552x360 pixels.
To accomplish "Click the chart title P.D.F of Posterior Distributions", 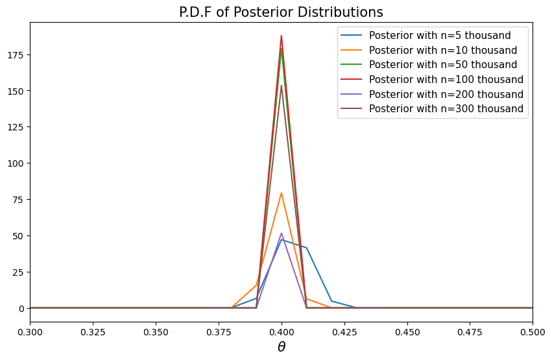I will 281,12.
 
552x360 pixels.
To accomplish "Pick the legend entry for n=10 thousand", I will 442,50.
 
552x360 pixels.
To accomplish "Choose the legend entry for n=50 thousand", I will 442,65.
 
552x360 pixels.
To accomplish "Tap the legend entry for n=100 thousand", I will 446,79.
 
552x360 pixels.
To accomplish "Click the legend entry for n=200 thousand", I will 446,94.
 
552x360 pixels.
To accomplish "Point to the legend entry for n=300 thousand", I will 446,109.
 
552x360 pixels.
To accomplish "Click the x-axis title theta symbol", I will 282,347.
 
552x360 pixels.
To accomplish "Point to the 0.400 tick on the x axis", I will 282,330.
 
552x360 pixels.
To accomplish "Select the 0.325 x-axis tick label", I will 93,330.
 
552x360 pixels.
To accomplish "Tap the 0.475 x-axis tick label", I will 470,330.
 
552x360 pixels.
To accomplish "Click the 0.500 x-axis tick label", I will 532,330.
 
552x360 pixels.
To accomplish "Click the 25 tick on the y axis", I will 20,272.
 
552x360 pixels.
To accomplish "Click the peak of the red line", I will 282,35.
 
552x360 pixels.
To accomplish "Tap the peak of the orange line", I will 282,193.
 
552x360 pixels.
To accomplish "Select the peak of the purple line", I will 282,233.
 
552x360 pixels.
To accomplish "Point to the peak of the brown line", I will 282,86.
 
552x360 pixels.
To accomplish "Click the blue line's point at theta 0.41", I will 306,248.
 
